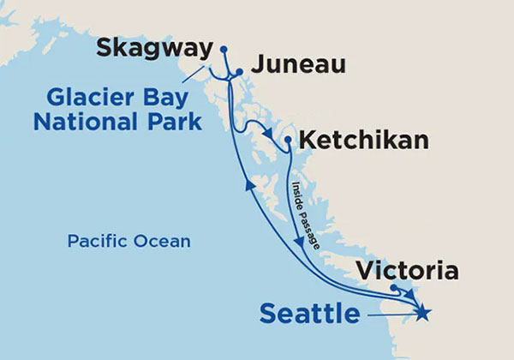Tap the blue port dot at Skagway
click(x=224, y=49)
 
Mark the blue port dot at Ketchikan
click(x=289, y=140)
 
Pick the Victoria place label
click(x=406, y=273)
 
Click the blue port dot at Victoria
click(x=393, y=288)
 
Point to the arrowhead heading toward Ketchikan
click(x=272, y=135)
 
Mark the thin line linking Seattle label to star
click(x=390, y=315)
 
